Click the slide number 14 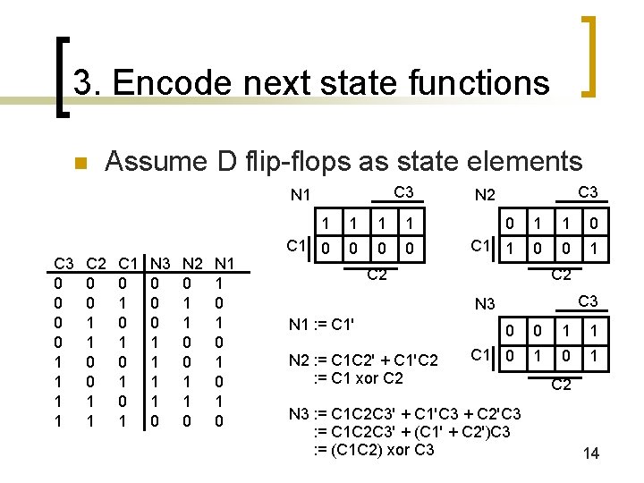[590, 454]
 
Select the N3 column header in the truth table [162, 263]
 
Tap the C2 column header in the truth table [96, 263]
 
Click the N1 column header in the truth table [225, 263]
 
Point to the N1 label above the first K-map [301, 195]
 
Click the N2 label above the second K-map [485, 195]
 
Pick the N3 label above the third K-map [485, 305]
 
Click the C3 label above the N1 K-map [403, 191]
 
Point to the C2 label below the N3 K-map [561, 386]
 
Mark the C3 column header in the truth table [64, 263]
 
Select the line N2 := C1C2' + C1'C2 [364, 360]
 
